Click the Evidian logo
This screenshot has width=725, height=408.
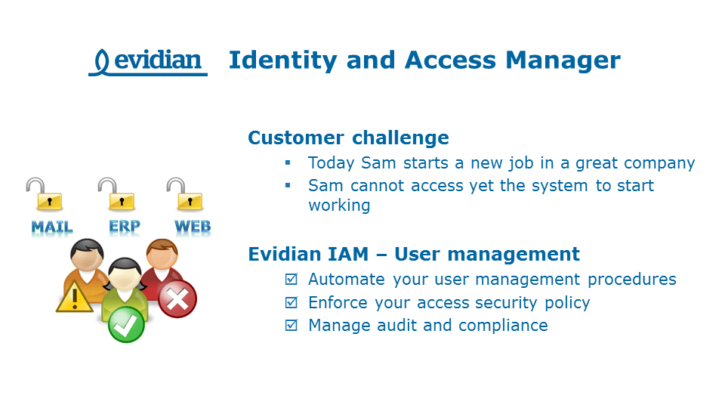click(x=148, y=61)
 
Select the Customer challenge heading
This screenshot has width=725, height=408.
click(x=348, y=138)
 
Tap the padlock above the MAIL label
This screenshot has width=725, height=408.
click(x=45, y=195)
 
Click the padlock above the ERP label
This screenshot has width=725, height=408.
click(x=119, y=195)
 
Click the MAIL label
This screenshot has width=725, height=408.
click(x=51, y=227)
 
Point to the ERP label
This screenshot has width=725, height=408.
click(x=124, y=226)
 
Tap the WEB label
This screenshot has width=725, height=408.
click(x=193, y=226)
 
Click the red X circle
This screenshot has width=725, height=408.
click(x=177, y=298)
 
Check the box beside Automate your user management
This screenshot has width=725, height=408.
click(x=291, y=280)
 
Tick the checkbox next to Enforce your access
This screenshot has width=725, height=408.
click(x=291, y=303)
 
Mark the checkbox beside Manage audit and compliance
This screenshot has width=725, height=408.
click(x=291, y=326)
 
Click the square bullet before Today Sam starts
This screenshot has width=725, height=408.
click(x=288, y=163)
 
